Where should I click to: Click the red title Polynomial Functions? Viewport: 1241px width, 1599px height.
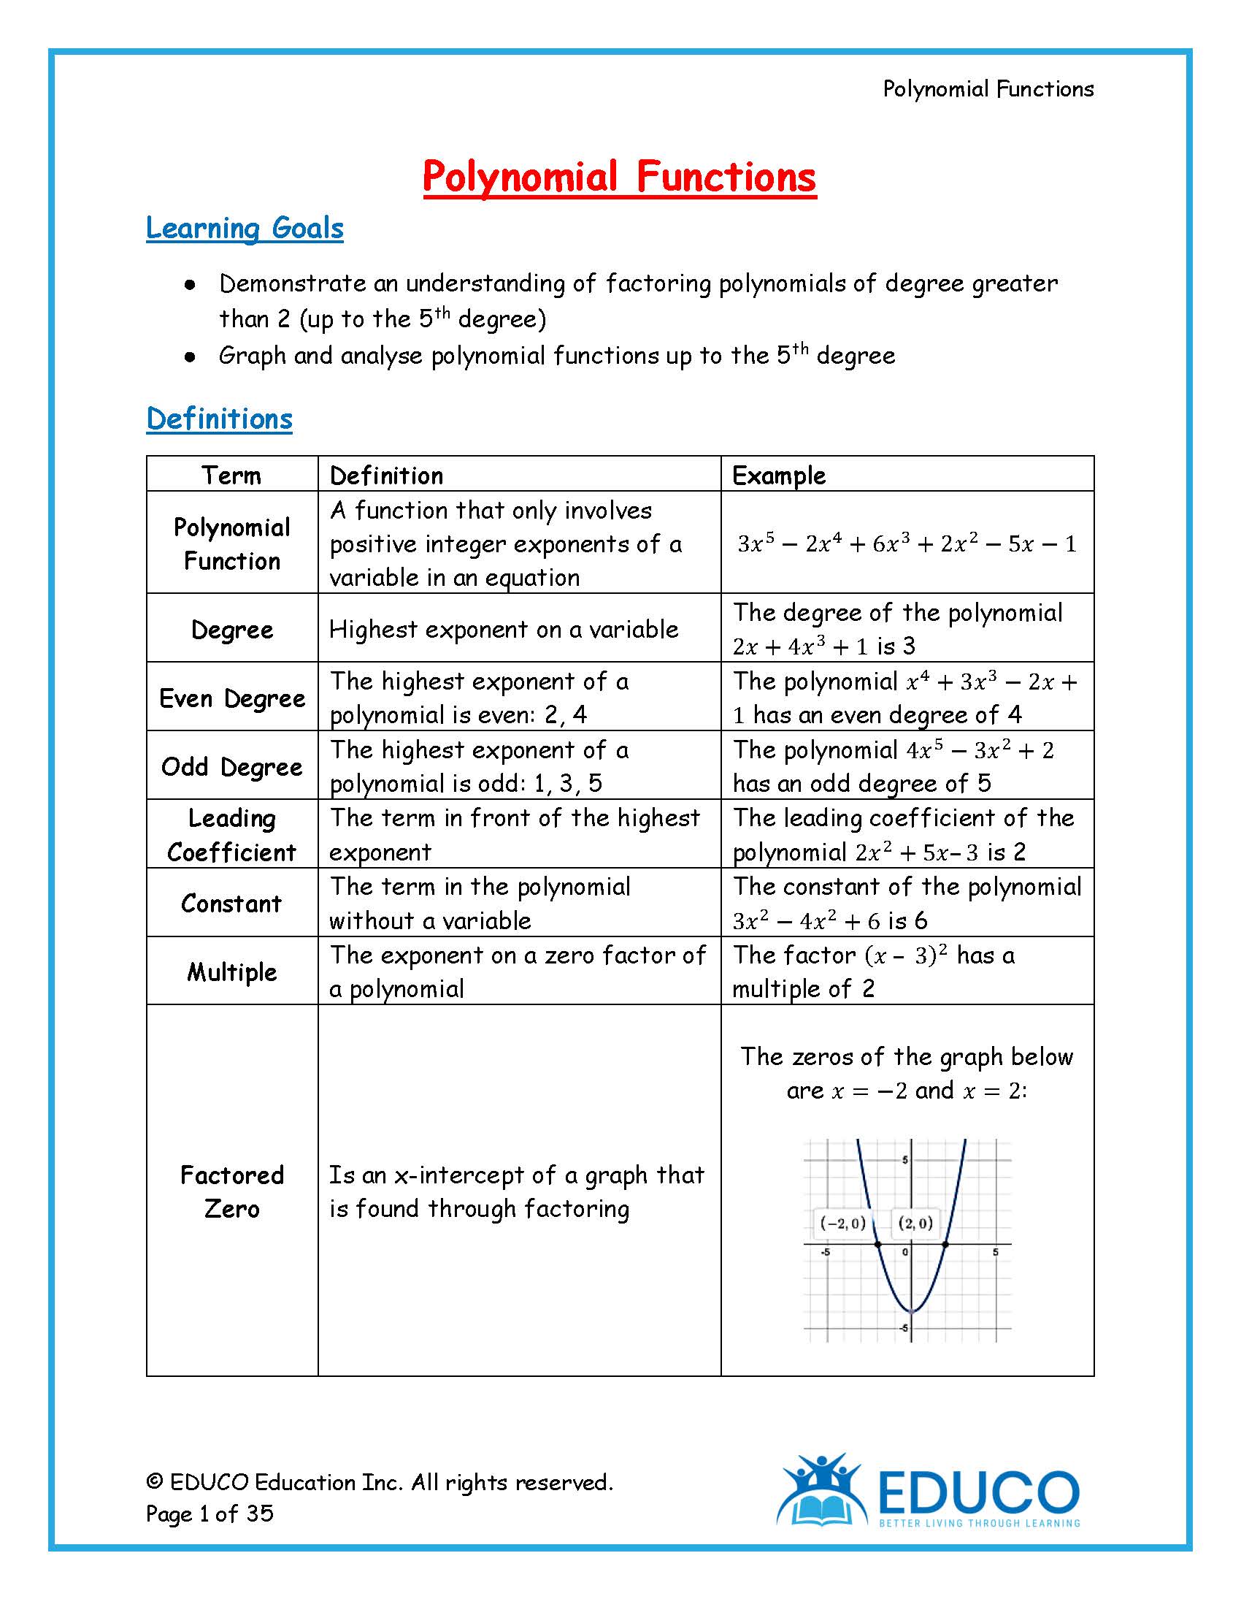pos(619,178)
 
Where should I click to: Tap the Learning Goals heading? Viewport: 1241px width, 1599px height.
pos(245,228)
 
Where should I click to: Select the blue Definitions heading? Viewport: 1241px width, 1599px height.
pos(219,419)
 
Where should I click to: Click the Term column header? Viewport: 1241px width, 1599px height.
pos(231,475)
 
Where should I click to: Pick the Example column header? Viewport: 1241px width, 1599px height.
pos(779,475)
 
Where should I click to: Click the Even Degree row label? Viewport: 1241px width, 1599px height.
pos(232,698)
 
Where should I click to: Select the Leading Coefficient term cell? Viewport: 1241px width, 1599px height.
pos(231,835)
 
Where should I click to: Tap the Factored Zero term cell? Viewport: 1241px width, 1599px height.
pos(231,1191)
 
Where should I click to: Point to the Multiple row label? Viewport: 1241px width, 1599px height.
pos(231,972)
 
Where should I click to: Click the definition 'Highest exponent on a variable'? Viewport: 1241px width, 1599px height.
pos(504,629)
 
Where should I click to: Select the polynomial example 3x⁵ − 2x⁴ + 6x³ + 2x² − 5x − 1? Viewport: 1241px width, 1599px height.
pos(907,543)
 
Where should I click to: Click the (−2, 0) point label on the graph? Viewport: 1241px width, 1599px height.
pos(842,1223)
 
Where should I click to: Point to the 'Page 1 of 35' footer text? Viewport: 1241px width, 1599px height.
pos(210,1514)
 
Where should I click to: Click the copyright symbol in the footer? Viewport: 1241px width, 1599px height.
pos(153,1482)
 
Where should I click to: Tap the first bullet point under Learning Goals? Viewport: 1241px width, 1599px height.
pos(191,285)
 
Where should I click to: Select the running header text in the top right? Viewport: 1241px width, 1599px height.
pos(988,89)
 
